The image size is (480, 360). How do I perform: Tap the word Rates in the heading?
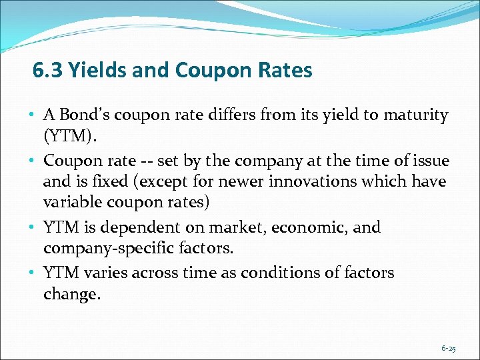click(x=287, y=70)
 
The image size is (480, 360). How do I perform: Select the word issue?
click(x=430, y=161)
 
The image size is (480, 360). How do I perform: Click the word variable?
click(x=73, y=201)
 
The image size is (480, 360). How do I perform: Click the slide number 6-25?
click(x=448, y=348)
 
